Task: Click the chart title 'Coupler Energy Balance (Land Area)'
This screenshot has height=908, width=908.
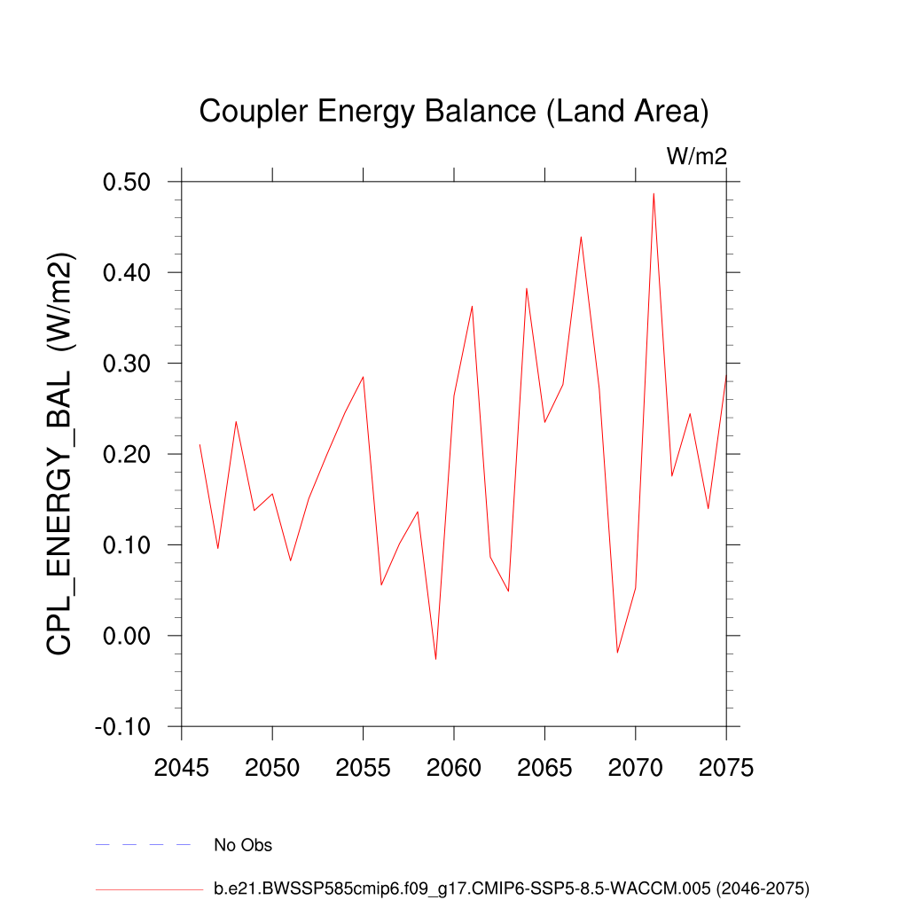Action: [453, 112]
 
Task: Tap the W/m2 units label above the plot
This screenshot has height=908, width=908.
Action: [697, 157]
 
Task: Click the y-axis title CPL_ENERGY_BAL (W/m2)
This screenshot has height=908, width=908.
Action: [61, 454]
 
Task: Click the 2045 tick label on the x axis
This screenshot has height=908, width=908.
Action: [182, 768]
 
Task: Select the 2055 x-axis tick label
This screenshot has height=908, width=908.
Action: [364, 768]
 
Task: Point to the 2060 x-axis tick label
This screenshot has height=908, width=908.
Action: [454, 768]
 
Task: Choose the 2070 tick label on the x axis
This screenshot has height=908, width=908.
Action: [636, 768]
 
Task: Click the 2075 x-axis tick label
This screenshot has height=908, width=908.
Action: [725, 768]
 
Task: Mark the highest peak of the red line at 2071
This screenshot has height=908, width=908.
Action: [654, 194]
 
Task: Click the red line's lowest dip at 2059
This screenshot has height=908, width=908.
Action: [435, 659]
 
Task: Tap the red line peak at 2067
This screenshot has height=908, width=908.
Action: [581, 237]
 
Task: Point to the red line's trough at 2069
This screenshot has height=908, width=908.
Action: [617, 653]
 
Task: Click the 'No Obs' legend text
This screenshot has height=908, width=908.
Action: [243, 845]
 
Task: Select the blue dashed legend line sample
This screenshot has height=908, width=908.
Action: [143, 845]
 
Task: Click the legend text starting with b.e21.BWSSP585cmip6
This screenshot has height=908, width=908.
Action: [512, 888]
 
